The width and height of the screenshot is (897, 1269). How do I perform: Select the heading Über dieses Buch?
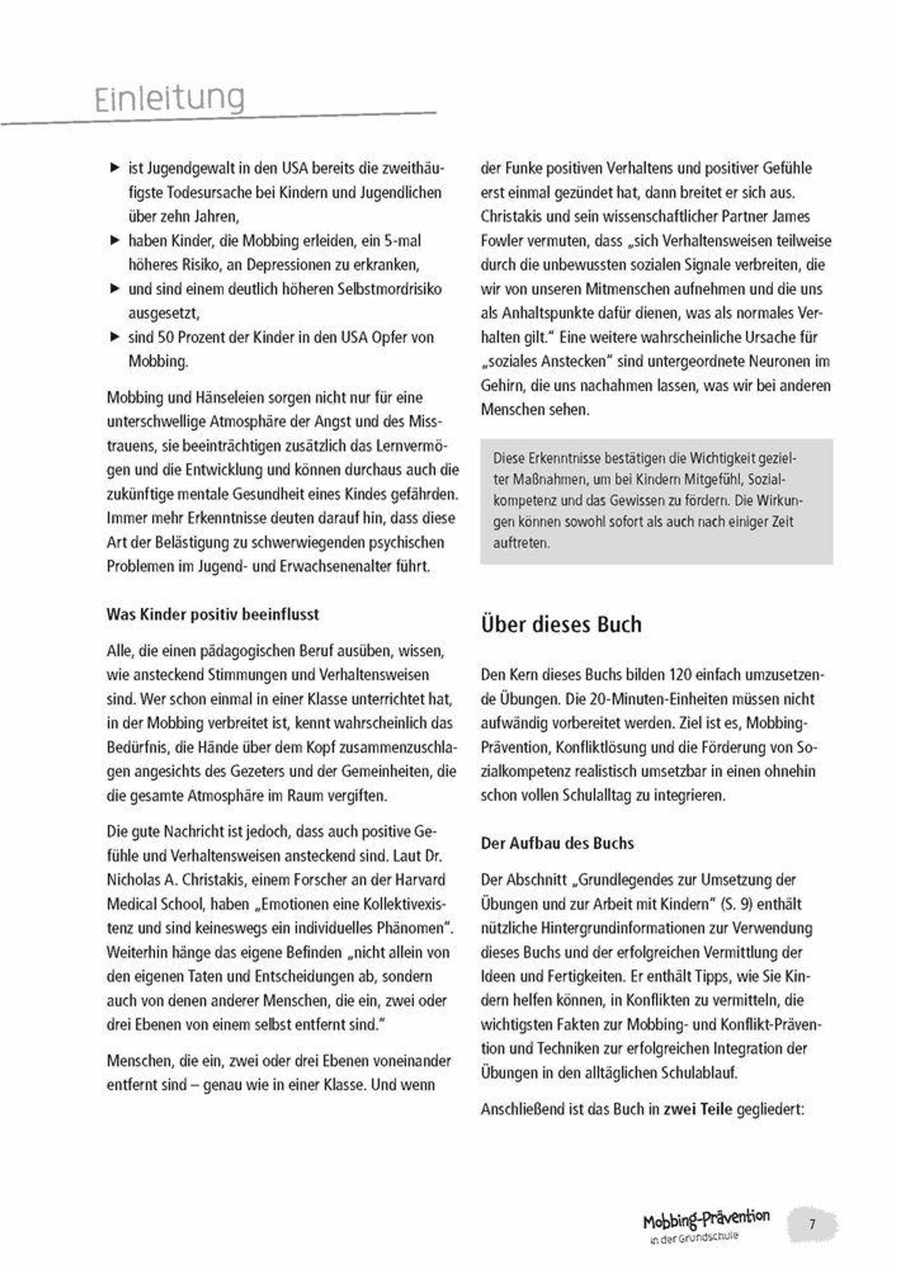561,625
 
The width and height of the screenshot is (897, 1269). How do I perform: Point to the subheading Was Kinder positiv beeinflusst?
213,615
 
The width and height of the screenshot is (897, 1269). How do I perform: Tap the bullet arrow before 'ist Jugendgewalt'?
115,167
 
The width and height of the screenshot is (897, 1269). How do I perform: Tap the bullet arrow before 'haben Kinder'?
115,240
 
